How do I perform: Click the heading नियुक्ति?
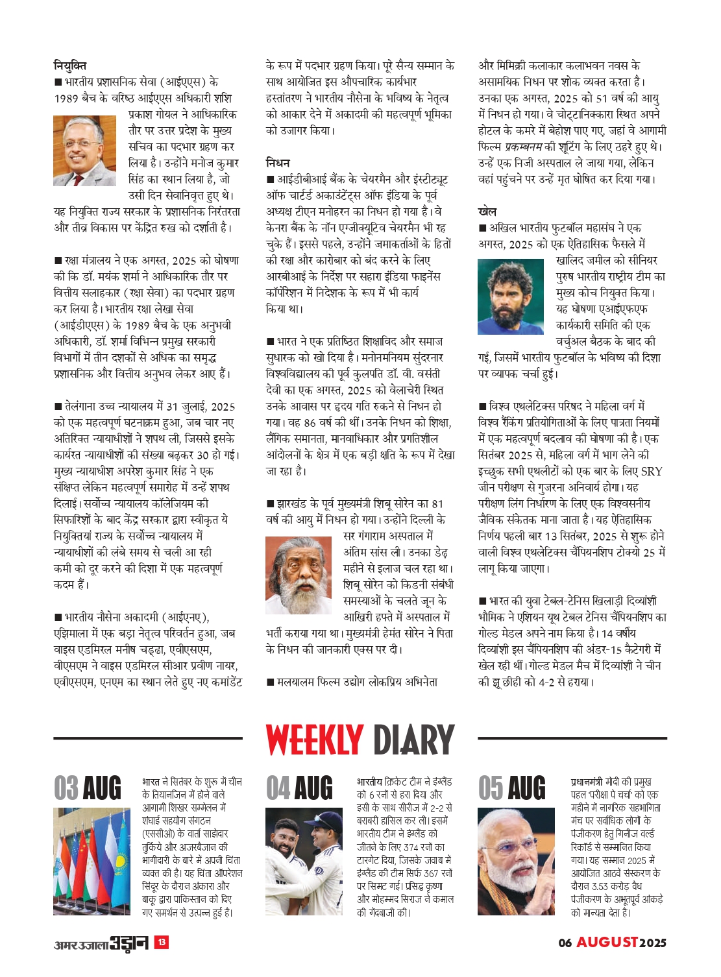point(70,66)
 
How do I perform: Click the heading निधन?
point(278,163)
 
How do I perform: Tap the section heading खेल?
point(487,211)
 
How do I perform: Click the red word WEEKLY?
point(314,740)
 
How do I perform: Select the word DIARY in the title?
point(414,740)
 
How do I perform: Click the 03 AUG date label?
point(88,788)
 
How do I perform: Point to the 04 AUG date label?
point(299,788)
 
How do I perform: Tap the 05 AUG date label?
point(512,788)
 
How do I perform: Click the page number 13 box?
point(162,942)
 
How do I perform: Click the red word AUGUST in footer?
point(607,942)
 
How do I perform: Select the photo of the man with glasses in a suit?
point(85,151)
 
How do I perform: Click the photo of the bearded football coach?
point(510,296)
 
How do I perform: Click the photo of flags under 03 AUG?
point(92,861)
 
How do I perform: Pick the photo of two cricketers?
point(304,861)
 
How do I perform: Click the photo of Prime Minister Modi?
point(516,861)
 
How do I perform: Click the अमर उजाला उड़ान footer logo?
point(101,943)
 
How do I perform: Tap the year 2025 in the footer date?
point(653,943)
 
